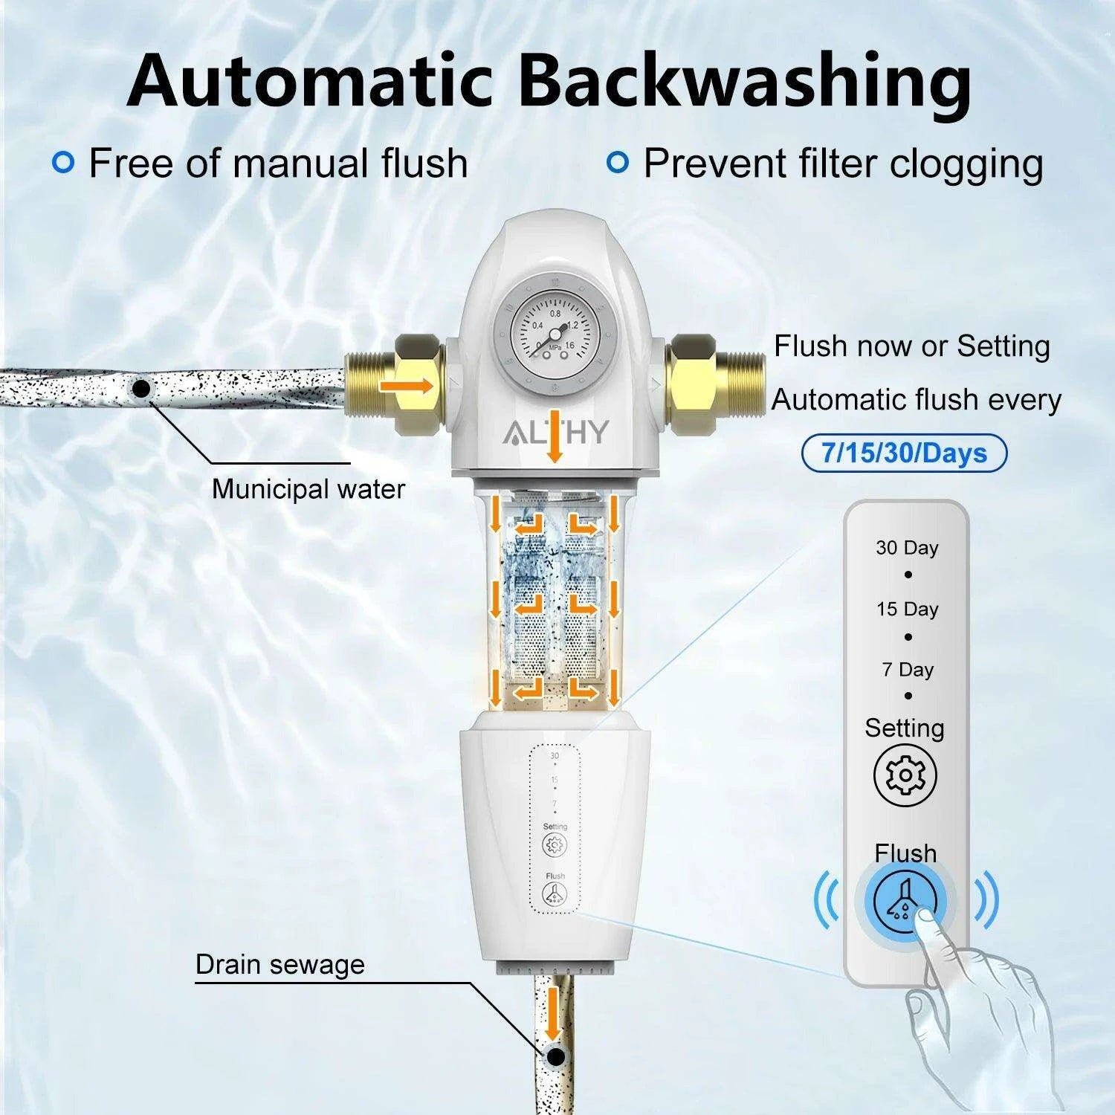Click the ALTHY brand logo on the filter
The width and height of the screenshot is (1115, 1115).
pos(557,432)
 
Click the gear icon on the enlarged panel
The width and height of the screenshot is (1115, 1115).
pos(905,775)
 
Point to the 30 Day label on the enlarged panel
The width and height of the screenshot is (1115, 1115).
pos(907,548)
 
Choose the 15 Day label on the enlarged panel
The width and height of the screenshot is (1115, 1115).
pos(907,609)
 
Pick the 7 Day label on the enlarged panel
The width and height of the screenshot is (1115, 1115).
pos(908,669)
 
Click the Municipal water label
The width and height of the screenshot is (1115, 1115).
pos(308,489)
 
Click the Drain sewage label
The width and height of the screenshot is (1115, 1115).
pos(280,964)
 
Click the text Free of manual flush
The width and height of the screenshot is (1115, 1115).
pos(278,163)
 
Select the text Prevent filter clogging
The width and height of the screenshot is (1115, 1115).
pos(843,164)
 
